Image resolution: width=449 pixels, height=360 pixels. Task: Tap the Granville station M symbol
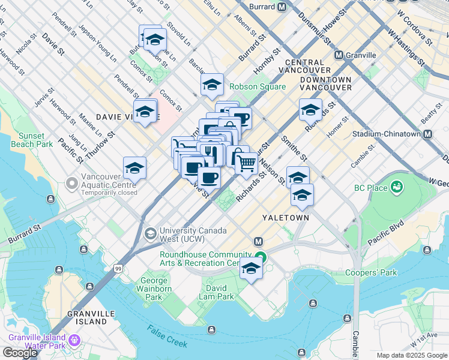pos(339,55)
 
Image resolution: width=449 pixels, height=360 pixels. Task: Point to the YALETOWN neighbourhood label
pos(286,218)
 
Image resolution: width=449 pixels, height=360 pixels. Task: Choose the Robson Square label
pos(258,87)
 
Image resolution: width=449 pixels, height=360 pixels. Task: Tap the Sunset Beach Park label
pos(35,140)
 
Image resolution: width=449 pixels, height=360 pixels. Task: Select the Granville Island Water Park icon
pos(74,340)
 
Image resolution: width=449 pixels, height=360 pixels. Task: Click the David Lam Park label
pos(217,296)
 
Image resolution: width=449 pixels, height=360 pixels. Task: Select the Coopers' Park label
pos(371,273)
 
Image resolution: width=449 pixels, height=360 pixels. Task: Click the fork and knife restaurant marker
pos(208,151)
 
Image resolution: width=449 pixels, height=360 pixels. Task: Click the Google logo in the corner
pos(20,353)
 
